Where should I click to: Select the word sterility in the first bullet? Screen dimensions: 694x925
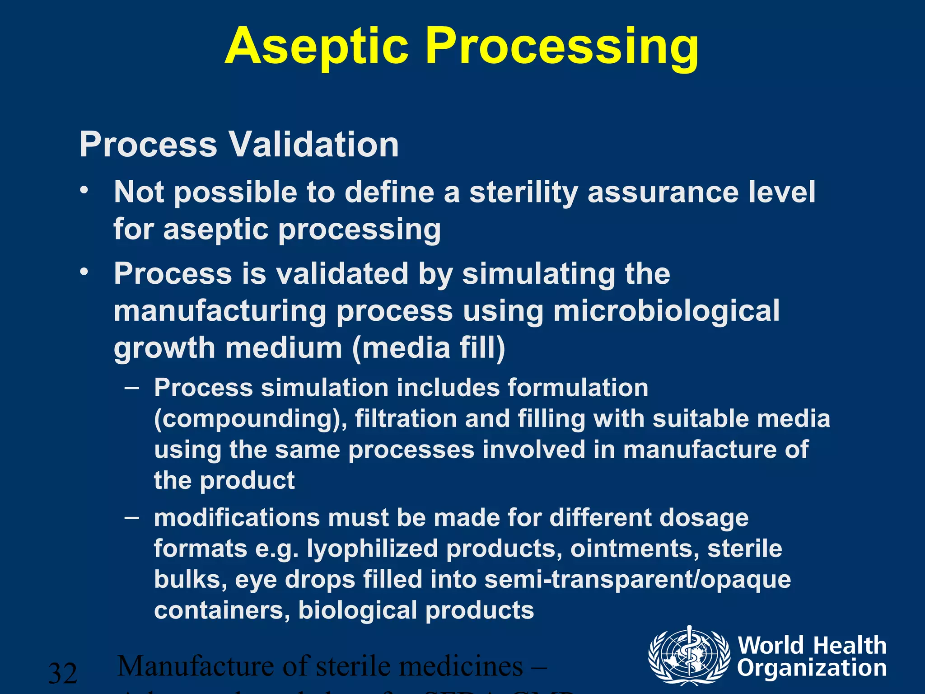click(x=523, y=192)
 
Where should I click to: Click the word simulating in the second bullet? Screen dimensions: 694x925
click(x=538, y=274)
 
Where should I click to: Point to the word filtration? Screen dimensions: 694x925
click(x=406, y=418)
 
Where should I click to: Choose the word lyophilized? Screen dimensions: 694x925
click(x=373, y=549)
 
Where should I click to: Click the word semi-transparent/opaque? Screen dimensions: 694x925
click(x=637, y=579)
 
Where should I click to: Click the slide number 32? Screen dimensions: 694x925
click(x=63, y=673)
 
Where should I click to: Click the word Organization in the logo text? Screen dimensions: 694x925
click(x=812, y=668)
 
